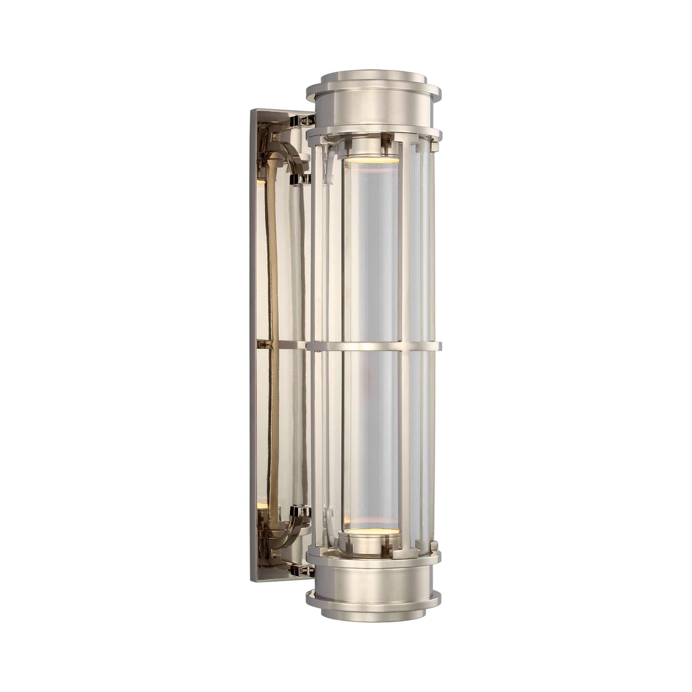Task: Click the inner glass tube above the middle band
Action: tap(371, 249)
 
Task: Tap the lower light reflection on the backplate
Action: tap(261, 505)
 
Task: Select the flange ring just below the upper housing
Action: tap(374, 130)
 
